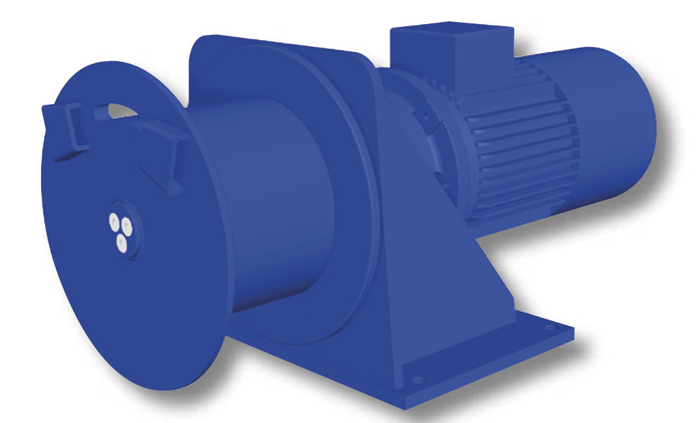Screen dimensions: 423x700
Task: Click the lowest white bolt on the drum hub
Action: (121, 243)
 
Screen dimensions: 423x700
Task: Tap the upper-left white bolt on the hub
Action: (114, 221)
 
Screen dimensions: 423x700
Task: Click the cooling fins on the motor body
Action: (521, 156)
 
